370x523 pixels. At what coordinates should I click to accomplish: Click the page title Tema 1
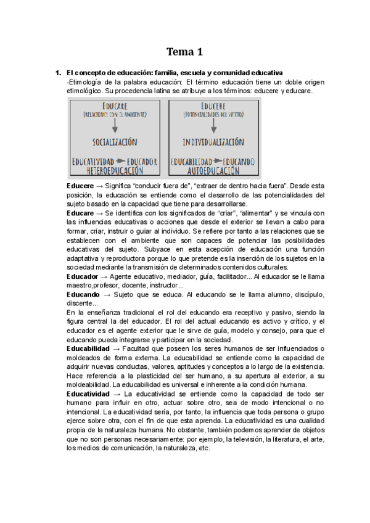pos(185,51)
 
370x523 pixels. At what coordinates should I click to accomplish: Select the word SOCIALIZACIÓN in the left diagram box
pos(114,141)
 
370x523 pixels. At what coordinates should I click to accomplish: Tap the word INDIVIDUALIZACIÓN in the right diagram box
pos(213,141)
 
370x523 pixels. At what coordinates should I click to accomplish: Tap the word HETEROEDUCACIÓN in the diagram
pos(115,170)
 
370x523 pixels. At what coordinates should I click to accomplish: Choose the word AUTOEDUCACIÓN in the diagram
pos(213,170)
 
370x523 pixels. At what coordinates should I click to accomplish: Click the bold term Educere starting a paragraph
pos(80,186)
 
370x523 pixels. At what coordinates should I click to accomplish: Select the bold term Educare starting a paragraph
pos(80,213)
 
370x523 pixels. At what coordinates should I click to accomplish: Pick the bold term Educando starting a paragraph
pos(83,295)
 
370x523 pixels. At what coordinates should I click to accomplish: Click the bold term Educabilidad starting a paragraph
pos(89,348)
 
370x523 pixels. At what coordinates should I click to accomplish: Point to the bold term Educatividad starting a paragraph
pos(89,393)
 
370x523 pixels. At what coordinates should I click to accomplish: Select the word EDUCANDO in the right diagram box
pos(238,161)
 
